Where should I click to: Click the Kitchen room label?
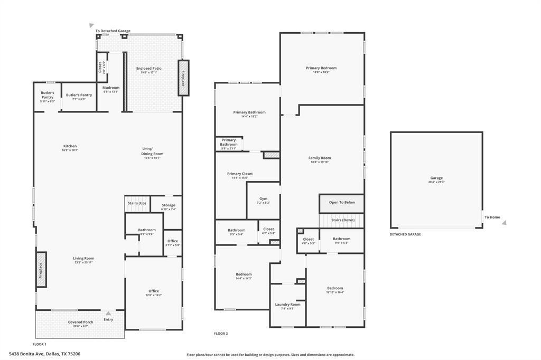[70, 146]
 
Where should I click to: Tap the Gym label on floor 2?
[263, 199]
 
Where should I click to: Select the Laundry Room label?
[287, 305]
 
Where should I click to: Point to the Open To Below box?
[342, 202]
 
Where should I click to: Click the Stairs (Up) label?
[137, 203]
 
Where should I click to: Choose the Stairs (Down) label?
[342, 220]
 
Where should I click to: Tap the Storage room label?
[169, 205]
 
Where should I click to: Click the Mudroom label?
[111, 88]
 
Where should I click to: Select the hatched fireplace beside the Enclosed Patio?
[184, 78]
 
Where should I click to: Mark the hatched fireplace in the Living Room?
[41, 270]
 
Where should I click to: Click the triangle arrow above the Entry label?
[108, 314]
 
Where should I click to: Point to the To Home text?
[492, 217]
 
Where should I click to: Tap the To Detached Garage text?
[113, 31]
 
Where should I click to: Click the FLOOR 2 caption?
[221, 334]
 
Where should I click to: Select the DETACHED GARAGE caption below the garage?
[405, 234]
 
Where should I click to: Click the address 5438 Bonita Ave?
[44, 354]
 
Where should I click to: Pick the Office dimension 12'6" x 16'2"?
[154, 296]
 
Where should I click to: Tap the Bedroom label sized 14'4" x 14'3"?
[244, 274]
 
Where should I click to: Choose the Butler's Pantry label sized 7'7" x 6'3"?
[79, 95]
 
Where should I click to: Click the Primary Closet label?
[240, 174]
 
